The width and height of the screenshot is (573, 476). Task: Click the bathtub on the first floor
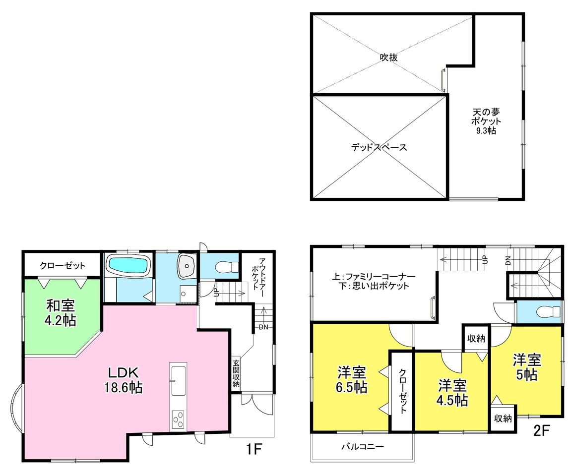click(x=128, y=264)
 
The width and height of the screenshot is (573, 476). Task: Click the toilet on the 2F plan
click(x=549, y=311)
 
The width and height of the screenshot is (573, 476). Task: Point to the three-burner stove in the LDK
click(x=178, y=420)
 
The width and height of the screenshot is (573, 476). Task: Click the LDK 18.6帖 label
click(x=124, y=380)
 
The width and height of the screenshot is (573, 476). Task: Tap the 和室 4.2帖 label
click(x=61, y=313)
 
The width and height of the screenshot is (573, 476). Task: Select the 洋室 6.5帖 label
click(x=352, y=380)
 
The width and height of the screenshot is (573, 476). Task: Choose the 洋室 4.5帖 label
click(x=452, y=393)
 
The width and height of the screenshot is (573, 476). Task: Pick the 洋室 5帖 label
click(x=526, y=367)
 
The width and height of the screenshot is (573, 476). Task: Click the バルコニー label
click(x=363, y=446)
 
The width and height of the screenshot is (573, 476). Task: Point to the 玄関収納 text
click(x=236, y=373)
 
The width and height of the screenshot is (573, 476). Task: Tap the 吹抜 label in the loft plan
click(x=388, y=58)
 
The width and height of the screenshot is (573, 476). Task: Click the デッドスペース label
click(x=379, y=148)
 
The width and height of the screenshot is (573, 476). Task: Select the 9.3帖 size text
click(x=486, y=131)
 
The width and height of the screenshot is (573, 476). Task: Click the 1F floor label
click(x=254, y=449)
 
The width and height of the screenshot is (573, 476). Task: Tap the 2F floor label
click(x=541, y=431)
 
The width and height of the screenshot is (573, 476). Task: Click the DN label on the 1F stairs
click(x=263, y=327)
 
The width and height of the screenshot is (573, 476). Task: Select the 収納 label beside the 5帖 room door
click(x=476, y=339)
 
